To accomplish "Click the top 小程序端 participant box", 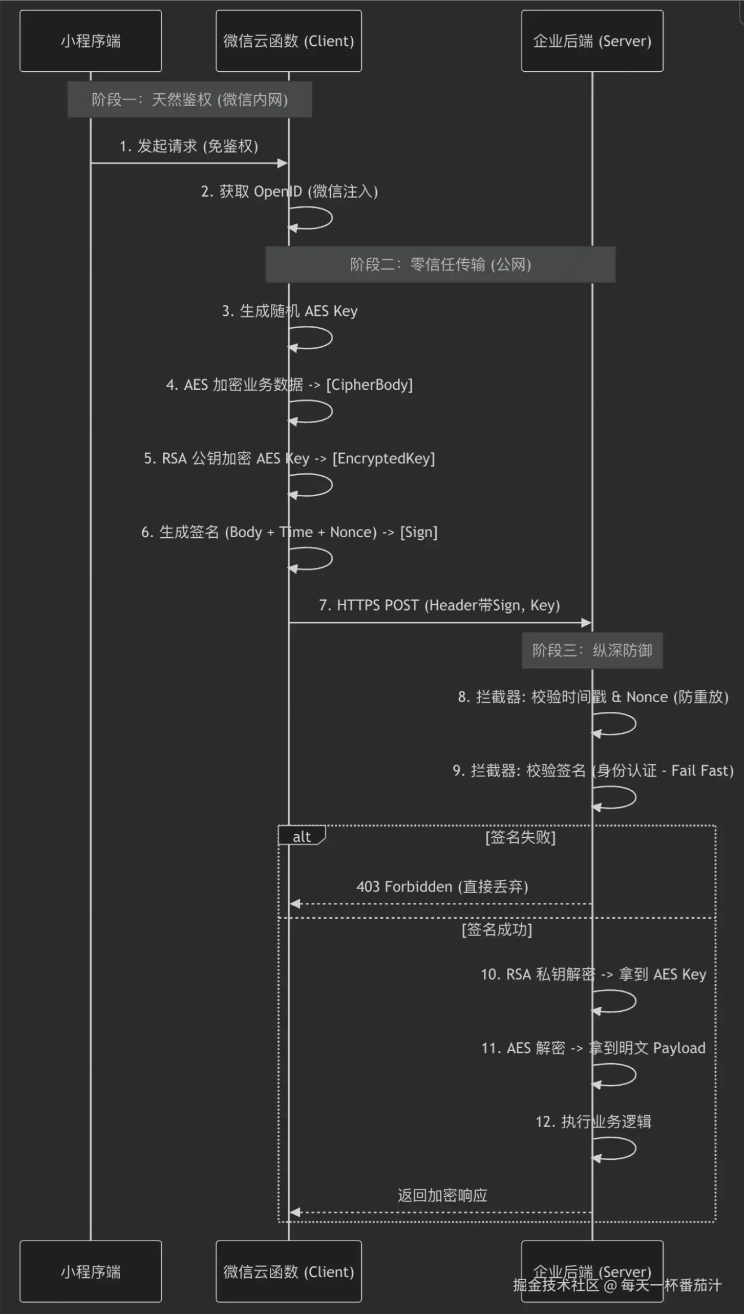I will click(90, 41).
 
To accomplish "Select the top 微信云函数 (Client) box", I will click(288, 41).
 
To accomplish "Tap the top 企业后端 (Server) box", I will click(592, 41).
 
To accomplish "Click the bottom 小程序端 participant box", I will click(90, 1271).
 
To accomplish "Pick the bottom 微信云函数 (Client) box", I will click(288, 1271).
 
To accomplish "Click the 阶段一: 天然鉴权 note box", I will click(190, 99).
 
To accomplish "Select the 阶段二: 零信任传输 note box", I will click(440, 264).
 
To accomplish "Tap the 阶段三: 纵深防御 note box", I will click(592, 650).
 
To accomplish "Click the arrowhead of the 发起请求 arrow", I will click(283, 163).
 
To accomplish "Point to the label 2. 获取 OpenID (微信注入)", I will click(289, 192).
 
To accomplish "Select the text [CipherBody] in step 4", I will click(370, 385).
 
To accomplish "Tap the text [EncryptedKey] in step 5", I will click(384, 458).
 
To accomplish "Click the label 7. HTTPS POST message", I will click(439, 605).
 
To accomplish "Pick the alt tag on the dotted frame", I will click(301, 837).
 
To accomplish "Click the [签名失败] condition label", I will click(520, 837).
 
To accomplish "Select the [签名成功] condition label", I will click(497, 930).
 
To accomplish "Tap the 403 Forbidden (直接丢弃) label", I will click(442, 886).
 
